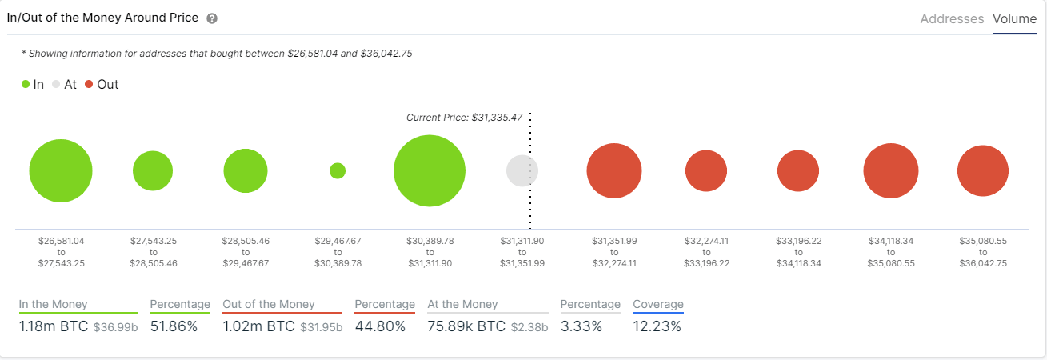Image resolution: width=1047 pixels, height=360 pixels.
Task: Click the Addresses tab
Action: tap(952, 18)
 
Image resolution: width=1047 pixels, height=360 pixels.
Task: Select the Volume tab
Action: tap(1014, 18)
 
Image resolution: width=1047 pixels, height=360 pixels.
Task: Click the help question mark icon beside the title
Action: tap(212, 18)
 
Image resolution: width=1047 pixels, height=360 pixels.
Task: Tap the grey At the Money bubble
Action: tap(522, 170)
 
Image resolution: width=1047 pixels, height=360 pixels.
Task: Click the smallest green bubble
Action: tap(338, 170)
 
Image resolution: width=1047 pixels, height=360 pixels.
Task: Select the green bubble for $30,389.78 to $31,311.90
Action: tap(430, 171)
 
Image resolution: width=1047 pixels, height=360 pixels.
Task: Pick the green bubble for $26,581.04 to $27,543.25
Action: tap(61, 171)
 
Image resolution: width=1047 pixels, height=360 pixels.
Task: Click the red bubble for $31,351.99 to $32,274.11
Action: tap(614, 171)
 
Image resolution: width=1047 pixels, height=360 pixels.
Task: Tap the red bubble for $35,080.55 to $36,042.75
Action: tap(983, 171)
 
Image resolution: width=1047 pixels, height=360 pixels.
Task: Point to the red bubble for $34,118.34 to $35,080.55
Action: tap(891, 171)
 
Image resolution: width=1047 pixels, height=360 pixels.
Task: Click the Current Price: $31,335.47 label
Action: tap(464, 118)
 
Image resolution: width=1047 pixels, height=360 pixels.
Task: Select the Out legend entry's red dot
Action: tap(89, 84)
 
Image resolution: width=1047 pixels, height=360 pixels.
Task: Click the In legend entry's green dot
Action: tap(26, 84)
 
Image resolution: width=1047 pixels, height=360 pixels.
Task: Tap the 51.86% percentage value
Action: tap(174, 326)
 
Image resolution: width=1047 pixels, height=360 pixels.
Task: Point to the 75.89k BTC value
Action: tap(466, 326)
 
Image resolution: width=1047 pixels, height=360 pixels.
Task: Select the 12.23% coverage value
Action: tap(657, 326)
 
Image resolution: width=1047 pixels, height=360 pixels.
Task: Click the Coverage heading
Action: tap(657, 304)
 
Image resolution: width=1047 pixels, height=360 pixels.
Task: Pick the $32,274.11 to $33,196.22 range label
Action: tap(706, 251)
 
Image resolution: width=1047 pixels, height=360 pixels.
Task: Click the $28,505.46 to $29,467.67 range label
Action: tap(246, 251)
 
